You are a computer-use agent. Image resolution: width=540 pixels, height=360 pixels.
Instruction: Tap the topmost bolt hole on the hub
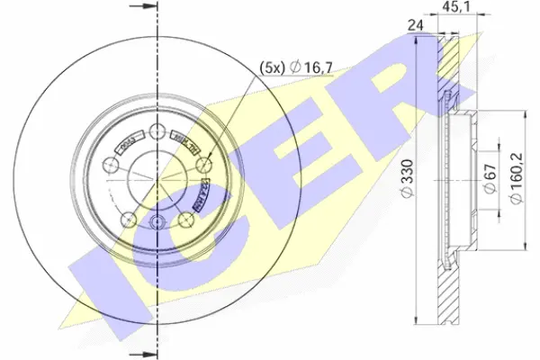(x=158, y=131)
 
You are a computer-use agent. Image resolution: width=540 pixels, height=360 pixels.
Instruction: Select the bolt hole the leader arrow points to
(x=206, y=165)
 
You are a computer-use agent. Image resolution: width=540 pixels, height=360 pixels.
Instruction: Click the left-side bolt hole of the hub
(x=111, y=165)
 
